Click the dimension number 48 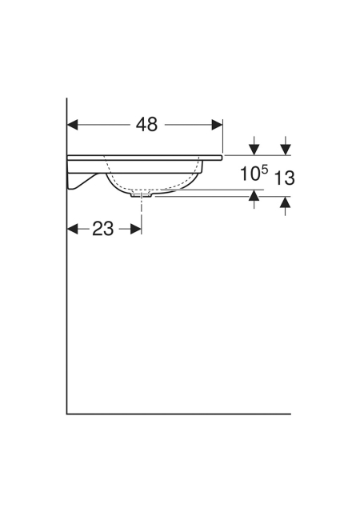pyautogui.click(x=146, y=125)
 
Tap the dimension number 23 pyautogui.click(x=103, y=229)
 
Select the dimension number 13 pyautogui.click(x=284, y=178)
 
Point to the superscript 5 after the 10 pyautogui.click(x=265, y=170)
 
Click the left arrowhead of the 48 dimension pyautogui.click(x=73, y=125)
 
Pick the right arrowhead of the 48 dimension pyautogui.click(x=218, y=125)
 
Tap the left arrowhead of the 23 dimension pyautogui.click(x=73, y=229)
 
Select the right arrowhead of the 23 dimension pyautogui.click(x=136, y=229)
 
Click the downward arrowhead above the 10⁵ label pyautogui.click(x=254, y=150)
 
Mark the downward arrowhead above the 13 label pyautogui.click(x=286, y=150)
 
